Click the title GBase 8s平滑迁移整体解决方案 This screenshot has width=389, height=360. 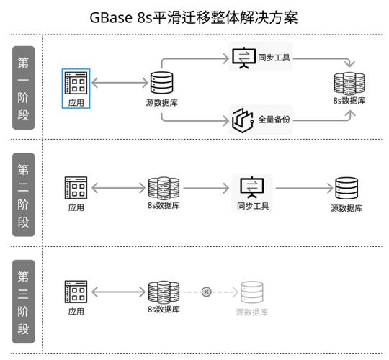(194, 17)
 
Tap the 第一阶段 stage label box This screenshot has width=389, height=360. (23, 88)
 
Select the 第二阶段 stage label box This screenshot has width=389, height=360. (23, 194)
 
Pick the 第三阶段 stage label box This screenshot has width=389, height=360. (23, 302)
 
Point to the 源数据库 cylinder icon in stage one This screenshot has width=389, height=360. (162, 83)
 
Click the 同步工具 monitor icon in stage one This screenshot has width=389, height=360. (244, 58)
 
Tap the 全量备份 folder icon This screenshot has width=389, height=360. (243, 120)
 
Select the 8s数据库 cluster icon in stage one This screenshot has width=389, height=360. (349, 84)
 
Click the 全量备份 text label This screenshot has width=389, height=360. (274, 120)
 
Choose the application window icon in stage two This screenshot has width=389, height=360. (76, 188)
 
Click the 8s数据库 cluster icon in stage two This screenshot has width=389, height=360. (164, 188)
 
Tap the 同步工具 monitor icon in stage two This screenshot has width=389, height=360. (252, 187)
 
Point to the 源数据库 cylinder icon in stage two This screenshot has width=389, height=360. (346, 188)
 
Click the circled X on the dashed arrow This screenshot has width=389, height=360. (207, 292)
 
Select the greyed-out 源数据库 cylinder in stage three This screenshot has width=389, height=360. (252, 292)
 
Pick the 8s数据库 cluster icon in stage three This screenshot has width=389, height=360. (164, 292)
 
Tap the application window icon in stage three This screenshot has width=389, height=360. (76, 292)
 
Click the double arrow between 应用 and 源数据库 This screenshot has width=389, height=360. (120, 83)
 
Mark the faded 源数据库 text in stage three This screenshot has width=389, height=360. (252, 312)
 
